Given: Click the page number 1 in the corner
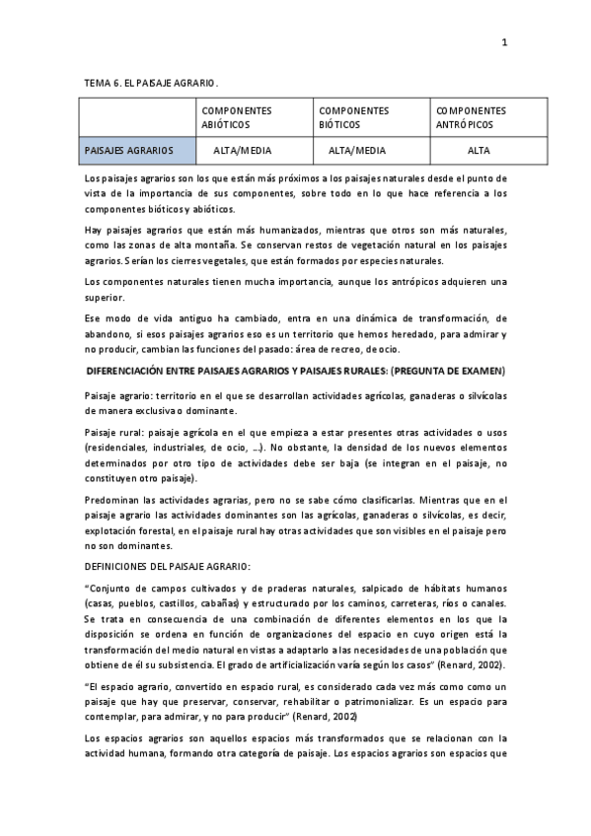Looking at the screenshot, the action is click(504, 42).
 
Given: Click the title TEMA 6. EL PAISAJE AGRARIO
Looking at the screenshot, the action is click(150, 84).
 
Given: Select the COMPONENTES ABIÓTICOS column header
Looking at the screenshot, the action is click(237, 118).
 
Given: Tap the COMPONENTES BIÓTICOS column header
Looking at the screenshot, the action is click(354, 118).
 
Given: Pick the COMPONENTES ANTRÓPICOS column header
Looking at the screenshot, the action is click(471, 118).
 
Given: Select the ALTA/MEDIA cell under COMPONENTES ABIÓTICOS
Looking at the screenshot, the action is click(243, 151).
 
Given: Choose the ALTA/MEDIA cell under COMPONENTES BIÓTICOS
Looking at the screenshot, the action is click(357, 151).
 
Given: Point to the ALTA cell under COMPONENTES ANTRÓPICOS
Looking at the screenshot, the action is click(479, 151).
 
